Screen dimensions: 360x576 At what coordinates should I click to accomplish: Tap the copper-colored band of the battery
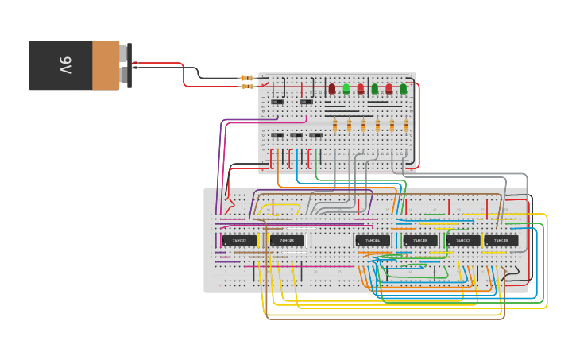pyautogui.click(x=106, y=65)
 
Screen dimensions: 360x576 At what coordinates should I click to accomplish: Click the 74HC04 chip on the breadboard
pyautogui.click(x=367, y=240)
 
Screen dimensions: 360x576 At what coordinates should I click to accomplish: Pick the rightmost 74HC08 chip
pyautogui.click(x=501, y=240)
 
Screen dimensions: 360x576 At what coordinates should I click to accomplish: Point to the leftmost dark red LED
pyautogui.click(x=332, y=88)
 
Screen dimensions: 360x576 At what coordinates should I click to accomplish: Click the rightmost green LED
pyautogui.click(x=404, y=88)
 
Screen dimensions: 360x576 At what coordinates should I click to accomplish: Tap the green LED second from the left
pyautogui.click(x=375, y=88)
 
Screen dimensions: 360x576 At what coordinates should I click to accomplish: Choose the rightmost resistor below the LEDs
pyautogui.click(x=406, y=125)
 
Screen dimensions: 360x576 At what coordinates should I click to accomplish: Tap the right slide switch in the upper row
pyautogui.click(x=306, y=102)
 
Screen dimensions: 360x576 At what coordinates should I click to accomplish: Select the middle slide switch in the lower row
pyautogui.click(x=297, y=135)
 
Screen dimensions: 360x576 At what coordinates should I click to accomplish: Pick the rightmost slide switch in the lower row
pyautogui.click(x=316, y=135)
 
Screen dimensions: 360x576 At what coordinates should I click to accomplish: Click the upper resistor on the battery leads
pyautogui.click(x=248, y=78)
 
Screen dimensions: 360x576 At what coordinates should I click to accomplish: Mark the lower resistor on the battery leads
pyautogui.click(x=248, y=86)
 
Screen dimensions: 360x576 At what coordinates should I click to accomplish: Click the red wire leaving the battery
pyautogui.click(x=159, y=64)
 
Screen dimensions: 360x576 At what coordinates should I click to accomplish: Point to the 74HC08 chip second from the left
pyautogui.click(x=420, y=240)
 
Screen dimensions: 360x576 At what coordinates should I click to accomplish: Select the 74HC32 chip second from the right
pyautogui.click(x=463, y=240)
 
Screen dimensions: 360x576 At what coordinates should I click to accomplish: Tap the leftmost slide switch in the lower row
pyautogui.click(x=278, y=135)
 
